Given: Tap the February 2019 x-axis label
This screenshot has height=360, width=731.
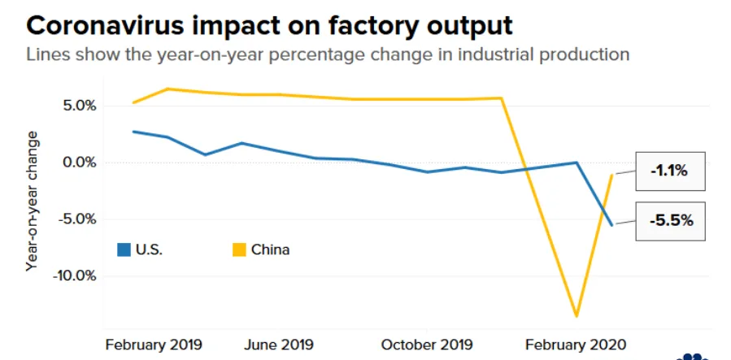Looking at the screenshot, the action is (x=154, y=345).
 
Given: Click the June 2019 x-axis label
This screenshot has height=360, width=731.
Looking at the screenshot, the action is (x=279, y=345).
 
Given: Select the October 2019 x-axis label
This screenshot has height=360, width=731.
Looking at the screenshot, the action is (x=427, y=345).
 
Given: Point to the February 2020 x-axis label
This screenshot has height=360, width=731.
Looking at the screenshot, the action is (x=576, y=345).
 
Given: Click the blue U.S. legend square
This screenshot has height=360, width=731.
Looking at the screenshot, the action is (x=124, y=249).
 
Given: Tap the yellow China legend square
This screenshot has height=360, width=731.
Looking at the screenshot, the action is (x=239, y=249).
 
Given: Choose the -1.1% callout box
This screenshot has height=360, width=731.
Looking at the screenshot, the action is (x=670, y=171).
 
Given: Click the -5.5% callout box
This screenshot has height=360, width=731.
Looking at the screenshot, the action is (x=670, y=221).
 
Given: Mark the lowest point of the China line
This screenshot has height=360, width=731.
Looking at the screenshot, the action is (x=577, y=316).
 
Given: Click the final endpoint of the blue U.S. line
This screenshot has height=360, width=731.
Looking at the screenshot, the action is (x=612, y=225).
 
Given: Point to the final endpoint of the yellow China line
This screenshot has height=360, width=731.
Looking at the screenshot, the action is (x=612, y=175).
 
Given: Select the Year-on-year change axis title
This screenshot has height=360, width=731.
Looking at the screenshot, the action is (x=32, y=202).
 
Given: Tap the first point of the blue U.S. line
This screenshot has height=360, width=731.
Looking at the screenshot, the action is (x=133, y=132).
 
